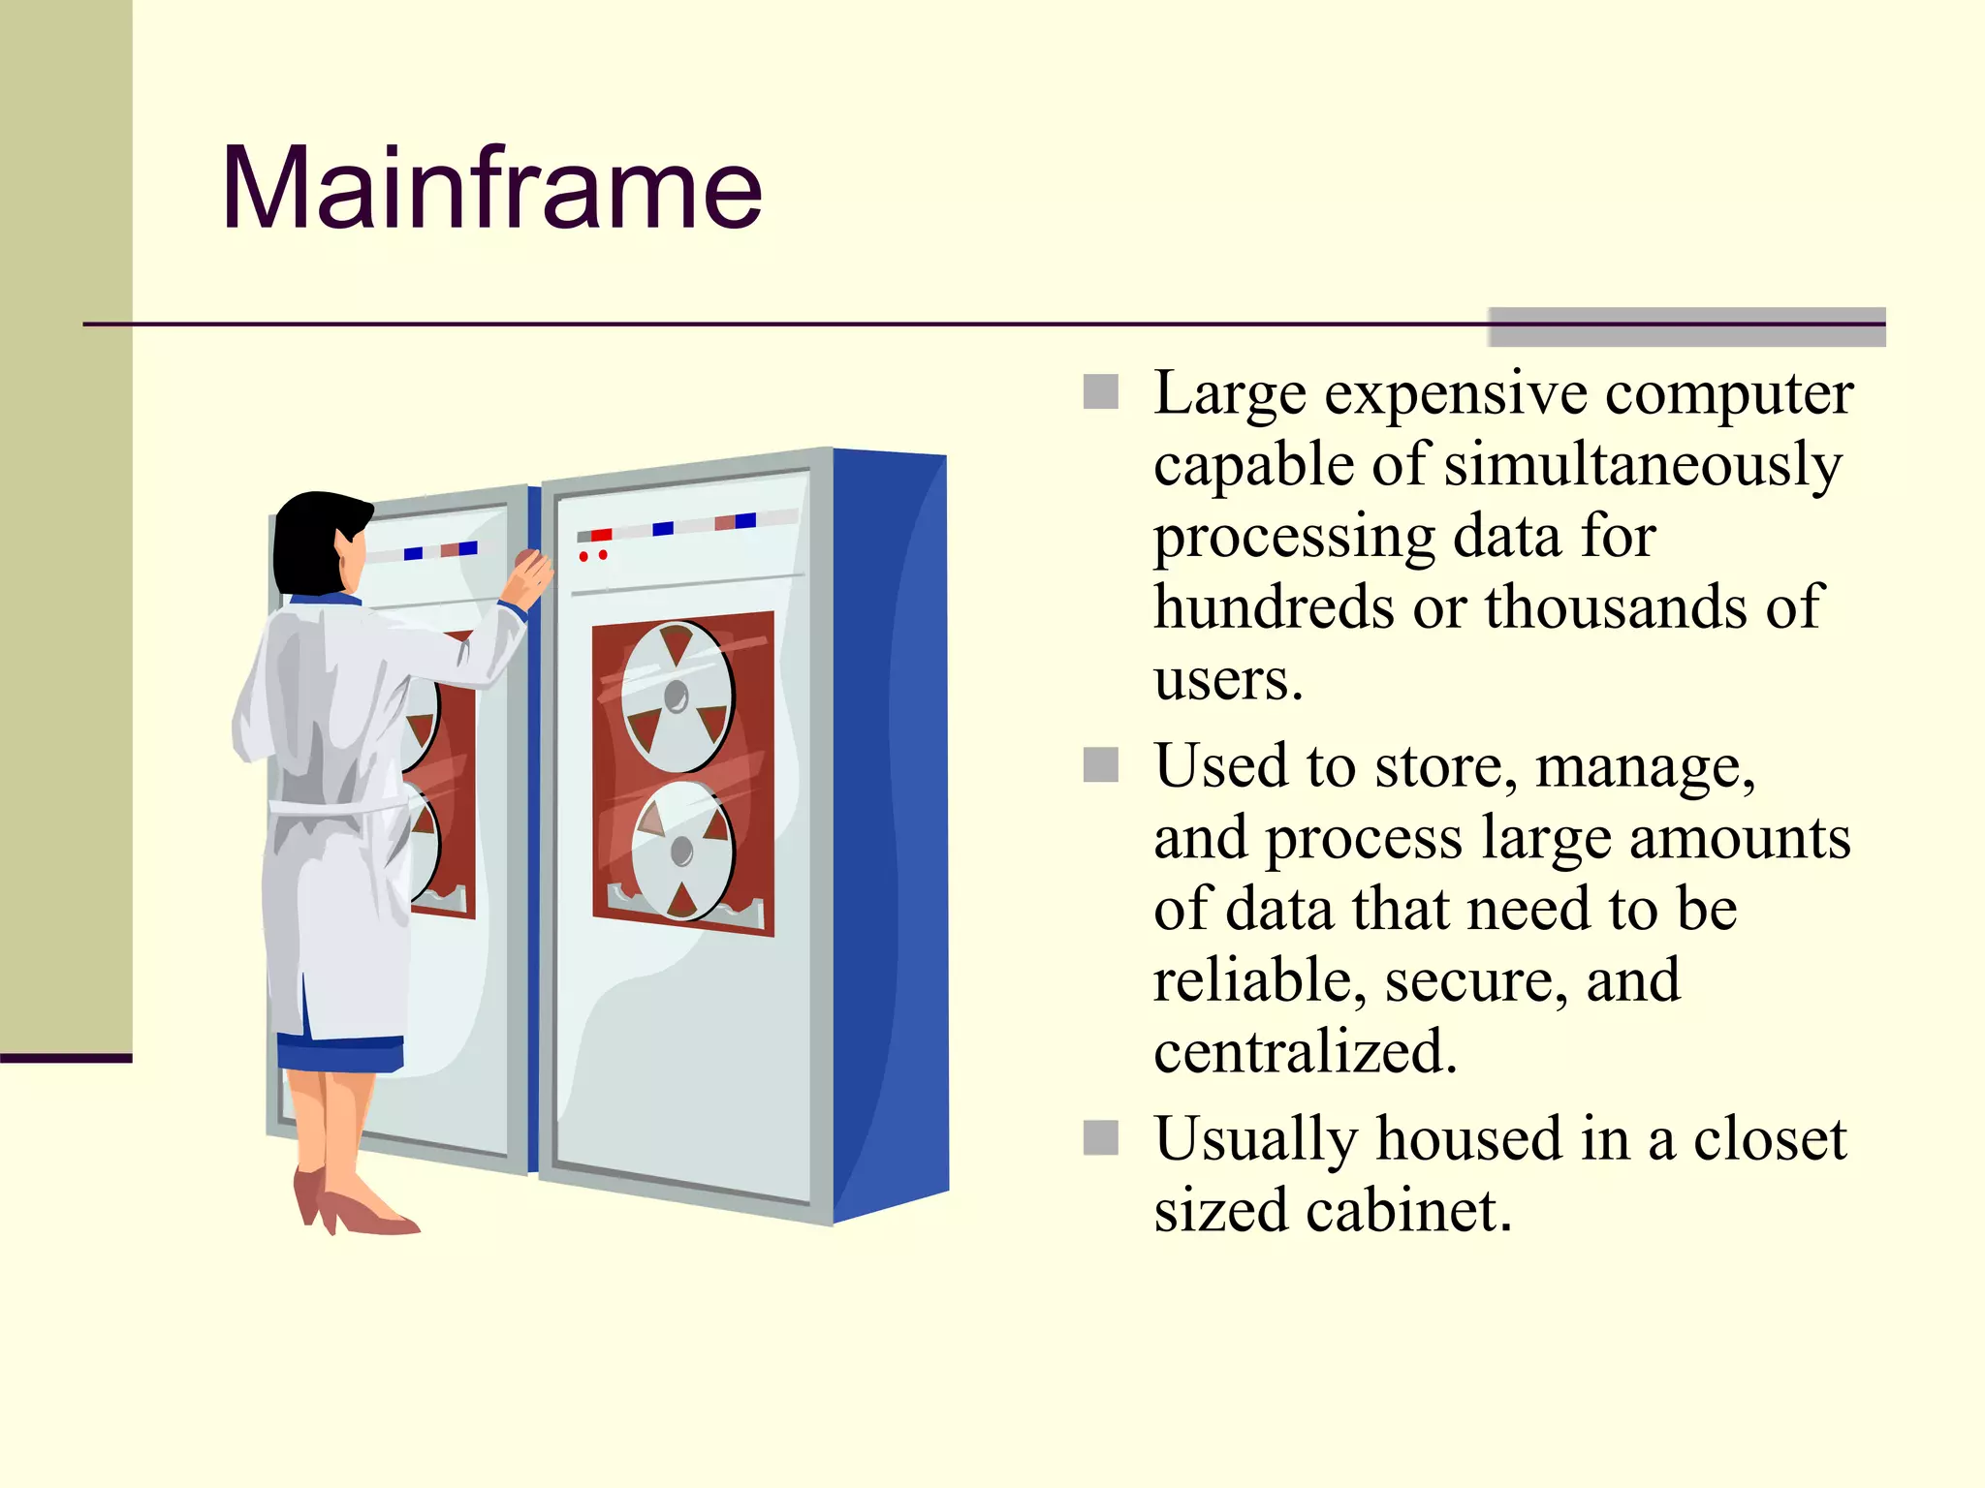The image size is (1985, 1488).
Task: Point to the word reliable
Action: [1259, 980]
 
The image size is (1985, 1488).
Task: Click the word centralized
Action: [1305, 1052]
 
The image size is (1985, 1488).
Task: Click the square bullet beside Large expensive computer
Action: [1101, 392]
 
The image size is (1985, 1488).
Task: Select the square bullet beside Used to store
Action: [1101, 764]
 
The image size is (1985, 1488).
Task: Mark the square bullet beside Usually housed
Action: [1101, 1137]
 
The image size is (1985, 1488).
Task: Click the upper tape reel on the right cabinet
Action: [677, 696]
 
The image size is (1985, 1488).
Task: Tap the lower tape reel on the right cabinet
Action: [682, 851]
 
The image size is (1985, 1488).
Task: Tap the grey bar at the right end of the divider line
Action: [1686, 326]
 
